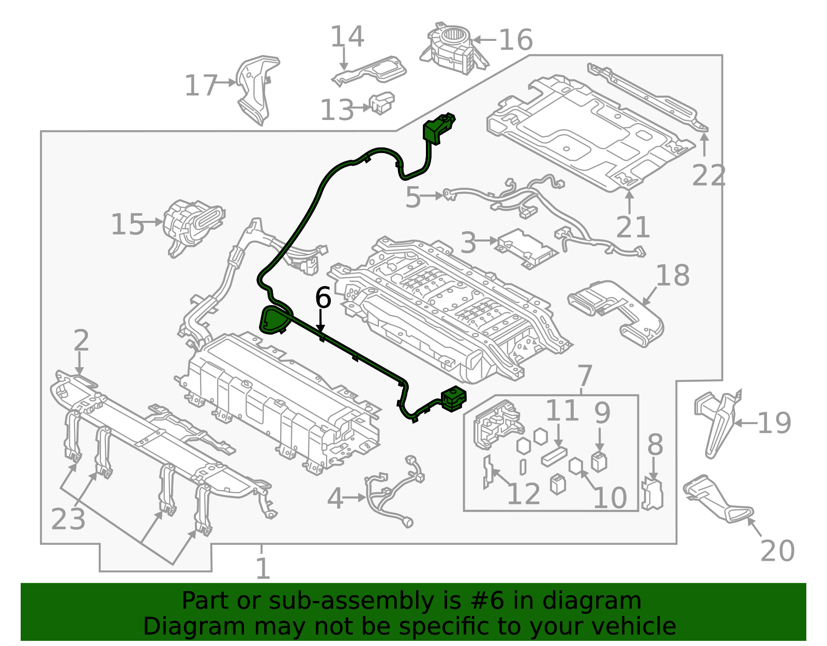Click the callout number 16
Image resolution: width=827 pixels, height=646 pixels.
pyautogui.click(x=515, y=40)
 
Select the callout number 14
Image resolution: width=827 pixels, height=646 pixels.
pyautogui.click(x=347, y=37)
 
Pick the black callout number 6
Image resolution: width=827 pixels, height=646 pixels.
pyautogui.click(x=323, y=298)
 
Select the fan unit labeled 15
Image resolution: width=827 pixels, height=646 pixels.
pyautogui.click(x=191, y=225)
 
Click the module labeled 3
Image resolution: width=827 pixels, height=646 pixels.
pyautogui.click(x=526, y=248)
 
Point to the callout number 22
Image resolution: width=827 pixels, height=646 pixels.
pyautogui.click(x=709, y=176)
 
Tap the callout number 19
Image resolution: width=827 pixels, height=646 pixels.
pyautogui.click(x=774, y=423)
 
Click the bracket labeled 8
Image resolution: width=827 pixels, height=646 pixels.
pyautogui.click(x=652, y=494)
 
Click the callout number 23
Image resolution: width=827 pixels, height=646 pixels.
pyautogui.click(x=68, y=519)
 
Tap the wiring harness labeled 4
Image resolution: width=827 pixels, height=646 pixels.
pyautogui.click(x=393, y=494)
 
